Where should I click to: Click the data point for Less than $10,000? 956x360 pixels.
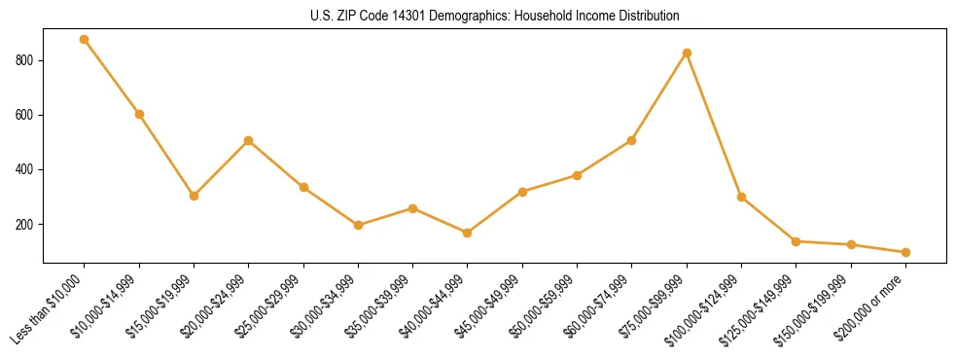(x=85, y=40)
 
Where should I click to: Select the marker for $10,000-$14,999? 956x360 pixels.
(x=139, y=114)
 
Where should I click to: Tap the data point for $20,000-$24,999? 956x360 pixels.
(x=249, y=140)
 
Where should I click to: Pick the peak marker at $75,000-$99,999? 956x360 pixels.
(x=687, y=53)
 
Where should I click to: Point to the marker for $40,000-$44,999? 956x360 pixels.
(x=468, y=233)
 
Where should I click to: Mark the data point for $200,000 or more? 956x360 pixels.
(x=905, y=252)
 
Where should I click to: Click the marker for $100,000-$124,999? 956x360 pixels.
(x=741, y=197)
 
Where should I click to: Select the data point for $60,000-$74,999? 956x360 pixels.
(x=632, y=140)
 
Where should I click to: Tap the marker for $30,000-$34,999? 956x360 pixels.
(x=358, y=225)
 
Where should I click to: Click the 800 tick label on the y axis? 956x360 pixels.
(x=27, y=60)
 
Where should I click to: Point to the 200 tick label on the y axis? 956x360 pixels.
(x=27, y=224)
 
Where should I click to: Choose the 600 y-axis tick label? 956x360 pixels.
(x=27, y=115)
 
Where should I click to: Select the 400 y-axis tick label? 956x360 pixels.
(x=27, y=169)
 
